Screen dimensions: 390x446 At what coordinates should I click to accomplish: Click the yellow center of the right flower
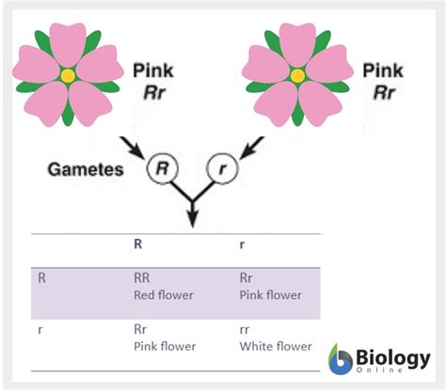point(297,74)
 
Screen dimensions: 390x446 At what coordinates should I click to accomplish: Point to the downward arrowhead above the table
point(194,218)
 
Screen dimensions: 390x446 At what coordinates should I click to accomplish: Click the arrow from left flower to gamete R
point(131,147)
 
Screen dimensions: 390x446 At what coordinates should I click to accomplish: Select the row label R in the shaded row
point(42,278)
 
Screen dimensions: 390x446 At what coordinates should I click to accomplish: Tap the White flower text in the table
point(275,347)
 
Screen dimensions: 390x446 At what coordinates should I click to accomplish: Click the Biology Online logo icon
point(342,360)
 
